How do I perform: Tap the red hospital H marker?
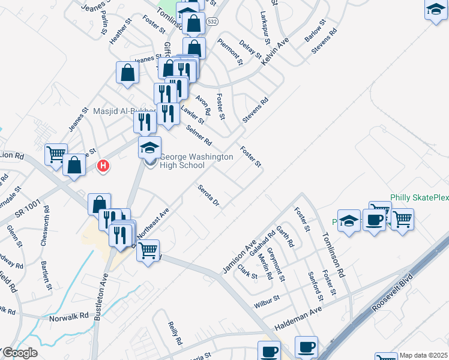pyautogui.click(x=104, y=166)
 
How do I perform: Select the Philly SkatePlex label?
pyautogui.click(x=419, y=197)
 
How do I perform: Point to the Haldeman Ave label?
pyautogui.click(x=298, y=319)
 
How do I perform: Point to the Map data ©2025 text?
pyautogui.click(x=423, y=355)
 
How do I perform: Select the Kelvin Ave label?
pyautogui.click(x=275, y=52)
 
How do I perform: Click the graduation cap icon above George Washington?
pyautogui.click(x=150, y=148)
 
